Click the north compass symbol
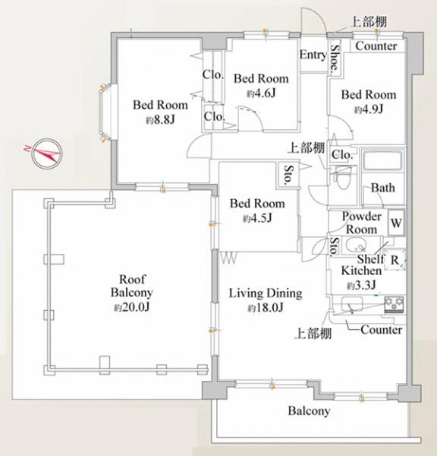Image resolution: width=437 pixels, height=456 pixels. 46,154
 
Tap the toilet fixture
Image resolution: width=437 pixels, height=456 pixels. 342,177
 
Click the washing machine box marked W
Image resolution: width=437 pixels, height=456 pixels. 396,223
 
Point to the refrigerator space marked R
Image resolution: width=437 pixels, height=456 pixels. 395,260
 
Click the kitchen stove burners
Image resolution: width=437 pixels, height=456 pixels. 394,304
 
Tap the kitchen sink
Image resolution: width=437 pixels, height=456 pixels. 352,304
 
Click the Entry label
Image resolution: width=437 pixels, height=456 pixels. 313,55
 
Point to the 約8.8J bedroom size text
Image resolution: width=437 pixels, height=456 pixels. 161,120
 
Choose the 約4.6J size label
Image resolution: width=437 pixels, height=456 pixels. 261,93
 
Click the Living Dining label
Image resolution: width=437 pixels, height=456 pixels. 266,293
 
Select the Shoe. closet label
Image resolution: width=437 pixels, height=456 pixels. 335,58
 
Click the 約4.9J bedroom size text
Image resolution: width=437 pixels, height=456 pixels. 369,109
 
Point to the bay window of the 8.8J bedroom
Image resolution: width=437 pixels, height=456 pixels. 106,112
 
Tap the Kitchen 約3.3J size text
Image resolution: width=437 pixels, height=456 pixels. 361,286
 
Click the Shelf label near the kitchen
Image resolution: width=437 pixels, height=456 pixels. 371,258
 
